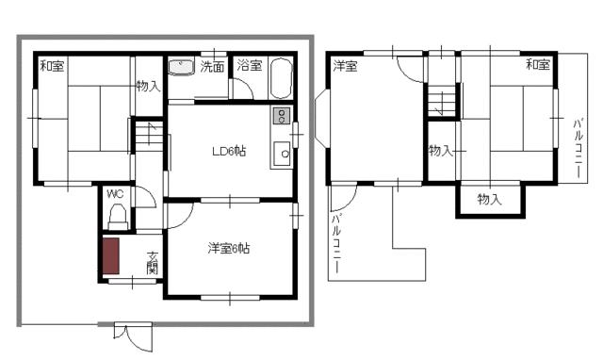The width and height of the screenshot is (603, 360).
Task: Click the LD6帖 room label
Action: click(x=229, y=151)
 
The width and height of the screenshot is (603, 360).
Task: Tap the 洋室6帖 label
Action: click(x=229, y=249)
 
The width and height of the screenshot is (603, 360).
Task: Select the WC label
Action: click(x=115, y=194)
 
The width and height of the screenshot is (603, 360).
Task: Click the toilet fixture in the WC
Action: click(x=118, y=217)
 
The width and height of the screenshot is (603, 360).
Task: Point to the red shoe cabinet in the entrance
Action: click(x=111, y=255)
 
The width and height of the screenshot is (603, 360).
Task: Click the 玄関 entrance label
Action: click(x=153, y=263)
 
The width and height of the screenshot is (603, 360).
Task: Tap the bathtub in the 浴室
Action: click(x=281, y=79)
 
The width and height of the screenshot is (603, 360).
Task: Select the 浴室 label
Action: click(x=250, y=65)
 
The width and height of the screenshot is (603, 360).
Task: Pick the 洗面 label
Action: click(x=212, y=67)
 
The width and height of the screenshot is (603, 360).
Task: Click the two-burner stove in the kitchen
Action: click(x=282, y=116)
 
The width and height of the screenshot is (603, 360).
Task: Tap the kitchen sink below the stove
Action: click(x=282, y=154)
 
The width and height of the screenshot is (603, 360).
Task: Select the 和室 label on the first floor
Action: click(x=53, y=66)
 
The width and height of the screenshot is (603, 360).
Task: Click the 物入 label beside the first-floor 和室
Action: click(x=149, y=86)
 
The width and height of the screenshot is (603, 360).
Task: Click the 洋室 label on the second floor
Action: click(x=345, y=66)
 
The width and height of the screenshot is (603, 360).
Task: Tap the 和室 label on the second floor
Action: click(x=538, y=64)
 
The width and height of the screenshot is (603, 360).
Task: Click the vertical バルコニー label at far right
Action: click(x=578, y=149)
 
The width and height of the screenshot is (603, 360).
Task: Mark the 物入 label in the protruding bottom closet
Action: click(x=490, y=199)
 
